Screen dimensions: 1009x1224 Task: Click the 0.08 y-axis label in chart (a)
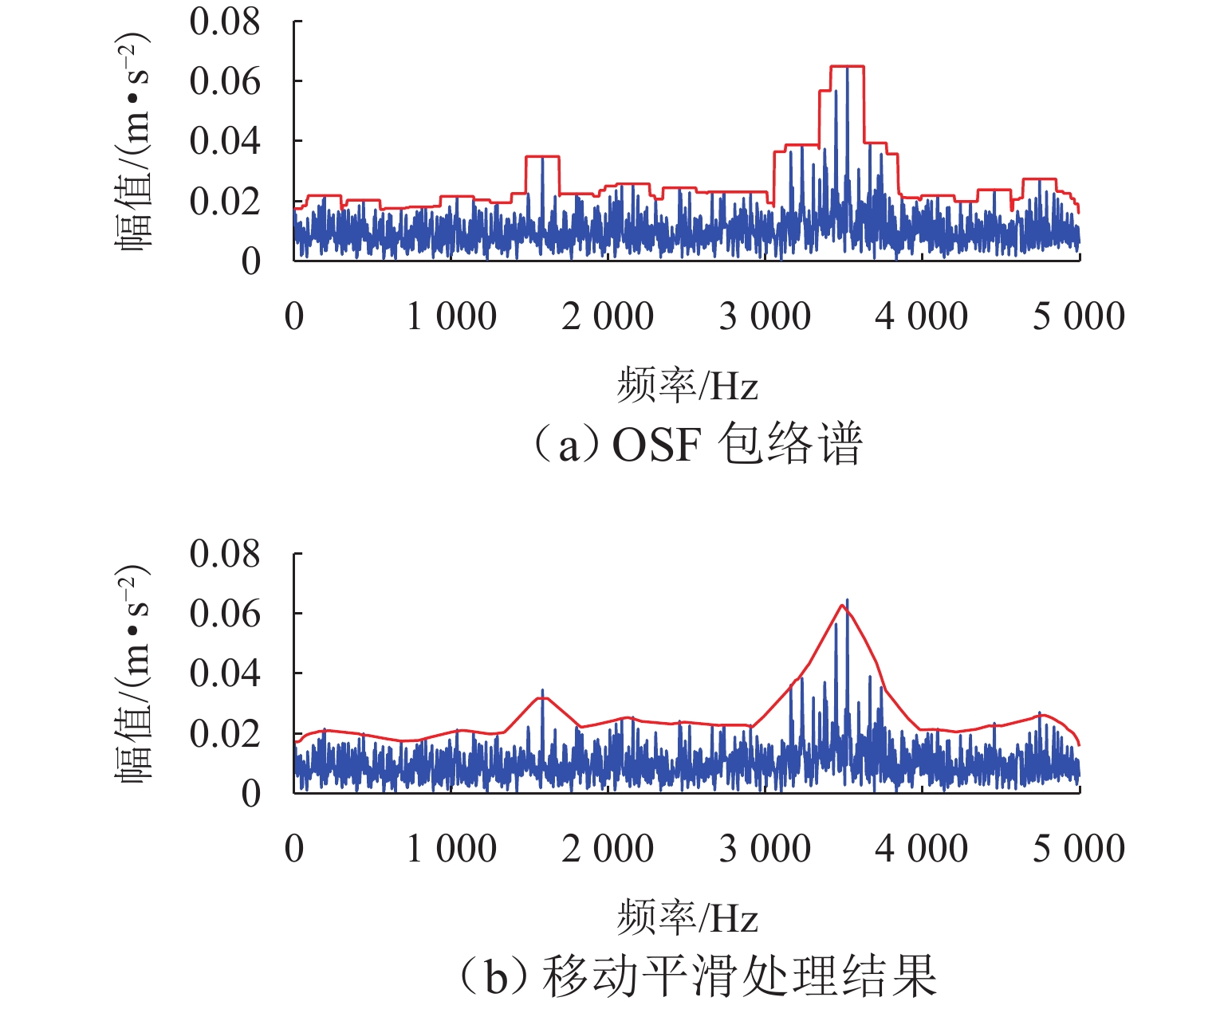225,22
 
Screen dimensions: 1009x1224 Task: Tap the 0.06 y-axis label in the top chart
225,81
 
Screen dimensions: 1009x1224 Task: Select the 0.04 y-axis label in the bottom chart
225,673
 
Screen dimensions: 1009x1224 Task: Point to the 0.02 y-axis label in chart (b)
225,733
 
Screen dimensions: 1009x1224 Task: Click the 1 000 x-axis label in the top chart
451,316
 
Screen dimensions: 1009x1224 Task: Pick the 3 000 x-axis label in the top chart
765,316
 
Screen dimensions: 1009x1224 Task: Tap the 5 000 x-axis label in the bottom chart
1079,849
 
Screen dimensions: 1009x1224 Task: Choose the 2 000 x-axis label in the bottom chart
608,849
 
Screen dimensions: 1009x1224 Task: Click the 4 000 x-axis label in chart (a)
922,316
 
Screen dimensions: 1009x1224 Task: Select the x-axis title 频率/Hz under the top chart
687,386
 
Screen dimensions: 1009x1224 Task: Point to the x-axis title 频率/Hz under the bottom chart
687,918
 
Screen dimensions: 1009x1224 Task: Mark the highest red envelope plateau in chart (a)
847,67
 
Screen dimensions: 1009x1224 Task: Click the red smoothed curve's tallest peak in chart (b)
842,606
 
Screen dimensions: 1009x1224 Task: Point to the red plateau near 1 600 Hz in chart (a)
542,157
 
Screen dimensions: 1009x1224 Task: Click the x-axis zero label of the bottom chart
294,849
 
